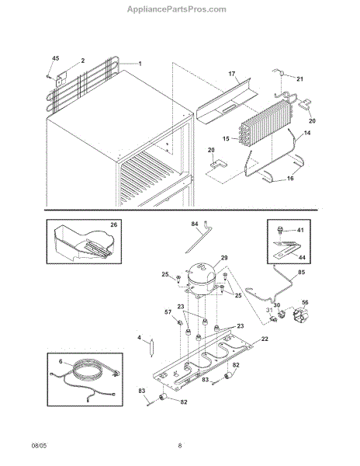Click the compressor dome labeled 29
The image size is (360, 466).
coord(201,279)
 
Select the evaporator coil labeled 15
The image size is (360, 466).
coord(265,123)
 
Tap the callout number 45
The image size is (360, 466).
coord(56,58)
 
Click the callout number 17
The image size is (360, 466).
coord(232,74)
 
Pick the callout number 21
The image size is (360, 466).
coord(299,78)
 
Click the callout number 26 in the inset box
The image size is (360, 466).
coord(114,224)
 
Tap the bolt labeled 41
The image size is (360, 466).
coord(279,230)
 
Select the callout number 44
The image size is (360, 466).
coord(302,257)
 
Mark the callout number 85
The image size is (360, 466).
coord(301,273)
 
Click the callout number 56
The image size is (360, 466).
coord(305,302)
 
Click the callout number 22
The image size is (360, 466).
coord(265,339)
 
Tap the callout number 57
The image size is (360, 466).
coord(168,312)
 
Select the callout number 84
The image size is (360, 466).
coord(195,224)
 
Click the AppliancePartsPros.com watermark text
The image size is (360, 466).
coord(177,9)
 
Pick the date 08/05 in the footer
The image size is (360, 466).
coord(39,446)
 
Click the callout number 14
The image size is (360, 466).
coord(307,133)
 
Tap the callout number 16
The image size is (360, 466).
coord(290,178)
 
